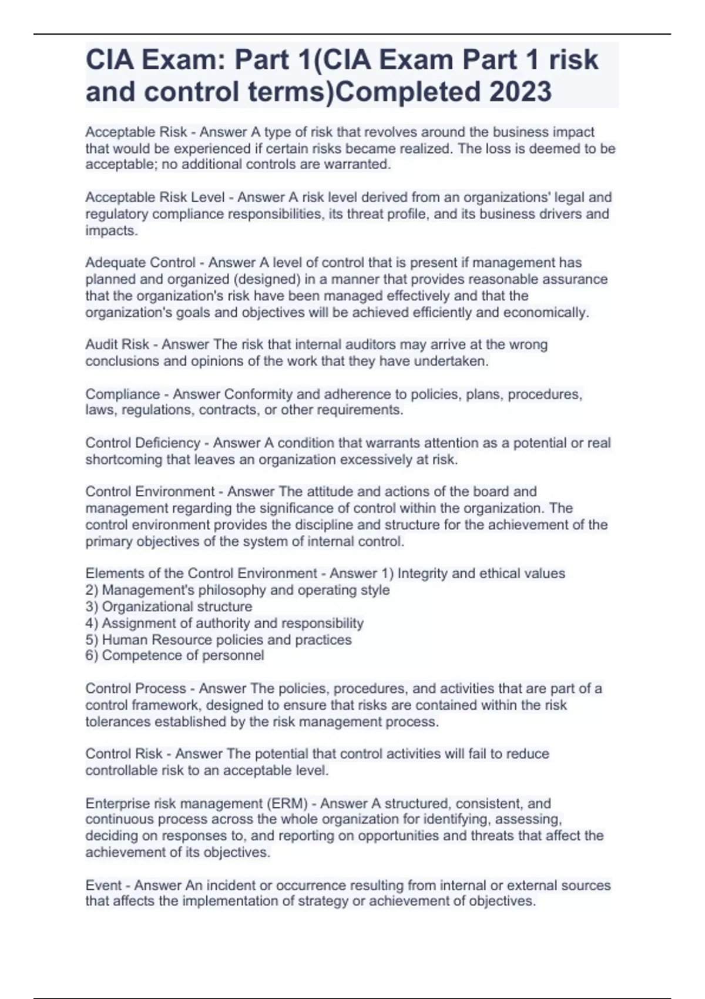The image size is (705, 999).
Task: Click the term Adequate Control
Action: [140, 263]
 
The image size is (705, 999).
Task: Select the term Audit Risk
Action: [117, 344]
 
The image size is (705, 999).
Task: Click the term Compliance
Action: [122, 394]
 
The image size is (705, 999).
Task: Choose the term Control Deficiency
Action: [143, 442]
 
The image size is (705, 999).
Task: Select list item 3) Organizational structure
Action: [169, 606]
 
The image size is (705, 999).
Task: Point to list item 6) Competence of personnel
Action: [174, 655]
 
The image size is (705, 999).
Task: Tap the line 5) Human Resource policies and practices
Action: [219, 639]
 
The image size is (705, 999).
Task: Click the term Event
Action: [103, 885]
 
